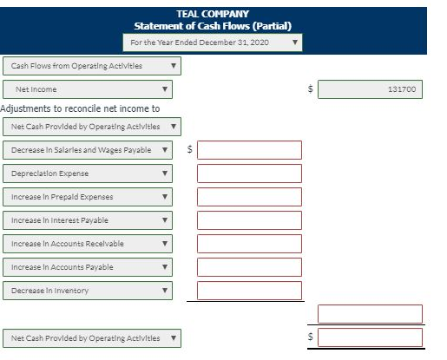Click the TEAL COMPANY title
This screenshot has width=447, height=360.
pos(213,14)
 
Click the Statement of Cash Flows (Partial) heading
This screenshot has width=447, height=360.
pos(213,26)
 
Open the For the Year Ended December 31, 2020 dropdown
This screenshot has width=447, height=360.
pos(213,43)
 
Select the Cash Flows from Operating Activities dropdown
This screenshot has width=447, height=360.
pos(92,66)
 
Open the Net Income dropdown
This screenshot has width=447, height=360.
pos(88,89)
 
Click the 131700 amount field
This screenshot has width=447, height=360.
pos(370,89)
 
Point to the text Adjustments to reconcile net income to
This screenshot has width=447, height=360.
pos(80,108)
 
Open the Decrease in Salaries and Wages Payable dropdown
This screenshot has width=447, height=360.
pos(88,150)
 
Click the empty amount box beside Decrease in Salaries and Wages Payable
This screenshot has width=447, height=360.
pos(249,150)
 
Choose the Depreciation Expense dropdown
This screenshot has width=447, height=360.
pos(88,173)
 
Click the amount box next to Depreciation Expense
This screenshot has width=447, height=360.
pos(249,173)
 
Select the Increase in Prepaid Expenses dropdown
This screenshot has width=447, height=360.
pos(88,197)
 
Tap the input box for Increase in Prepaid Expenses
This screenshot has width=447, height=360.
pos(249,197)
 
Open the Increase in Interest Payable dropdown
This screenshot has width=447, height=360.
pos(88,220)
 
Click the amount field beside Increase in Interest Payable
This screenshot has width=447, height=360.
pos(249,220)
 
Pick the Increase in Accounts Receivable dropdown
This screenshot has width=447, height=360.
pos(88,244)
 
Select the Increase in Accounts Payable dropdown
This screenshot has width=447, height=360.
pos(88,267)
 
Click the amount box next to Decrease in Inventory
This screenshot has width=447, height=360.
pos(249,291)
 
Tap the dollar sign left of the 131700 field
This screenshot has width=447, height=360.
pos(310,88)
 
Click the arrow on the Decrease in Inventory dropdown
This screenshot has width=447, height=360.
pos(165,291)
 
